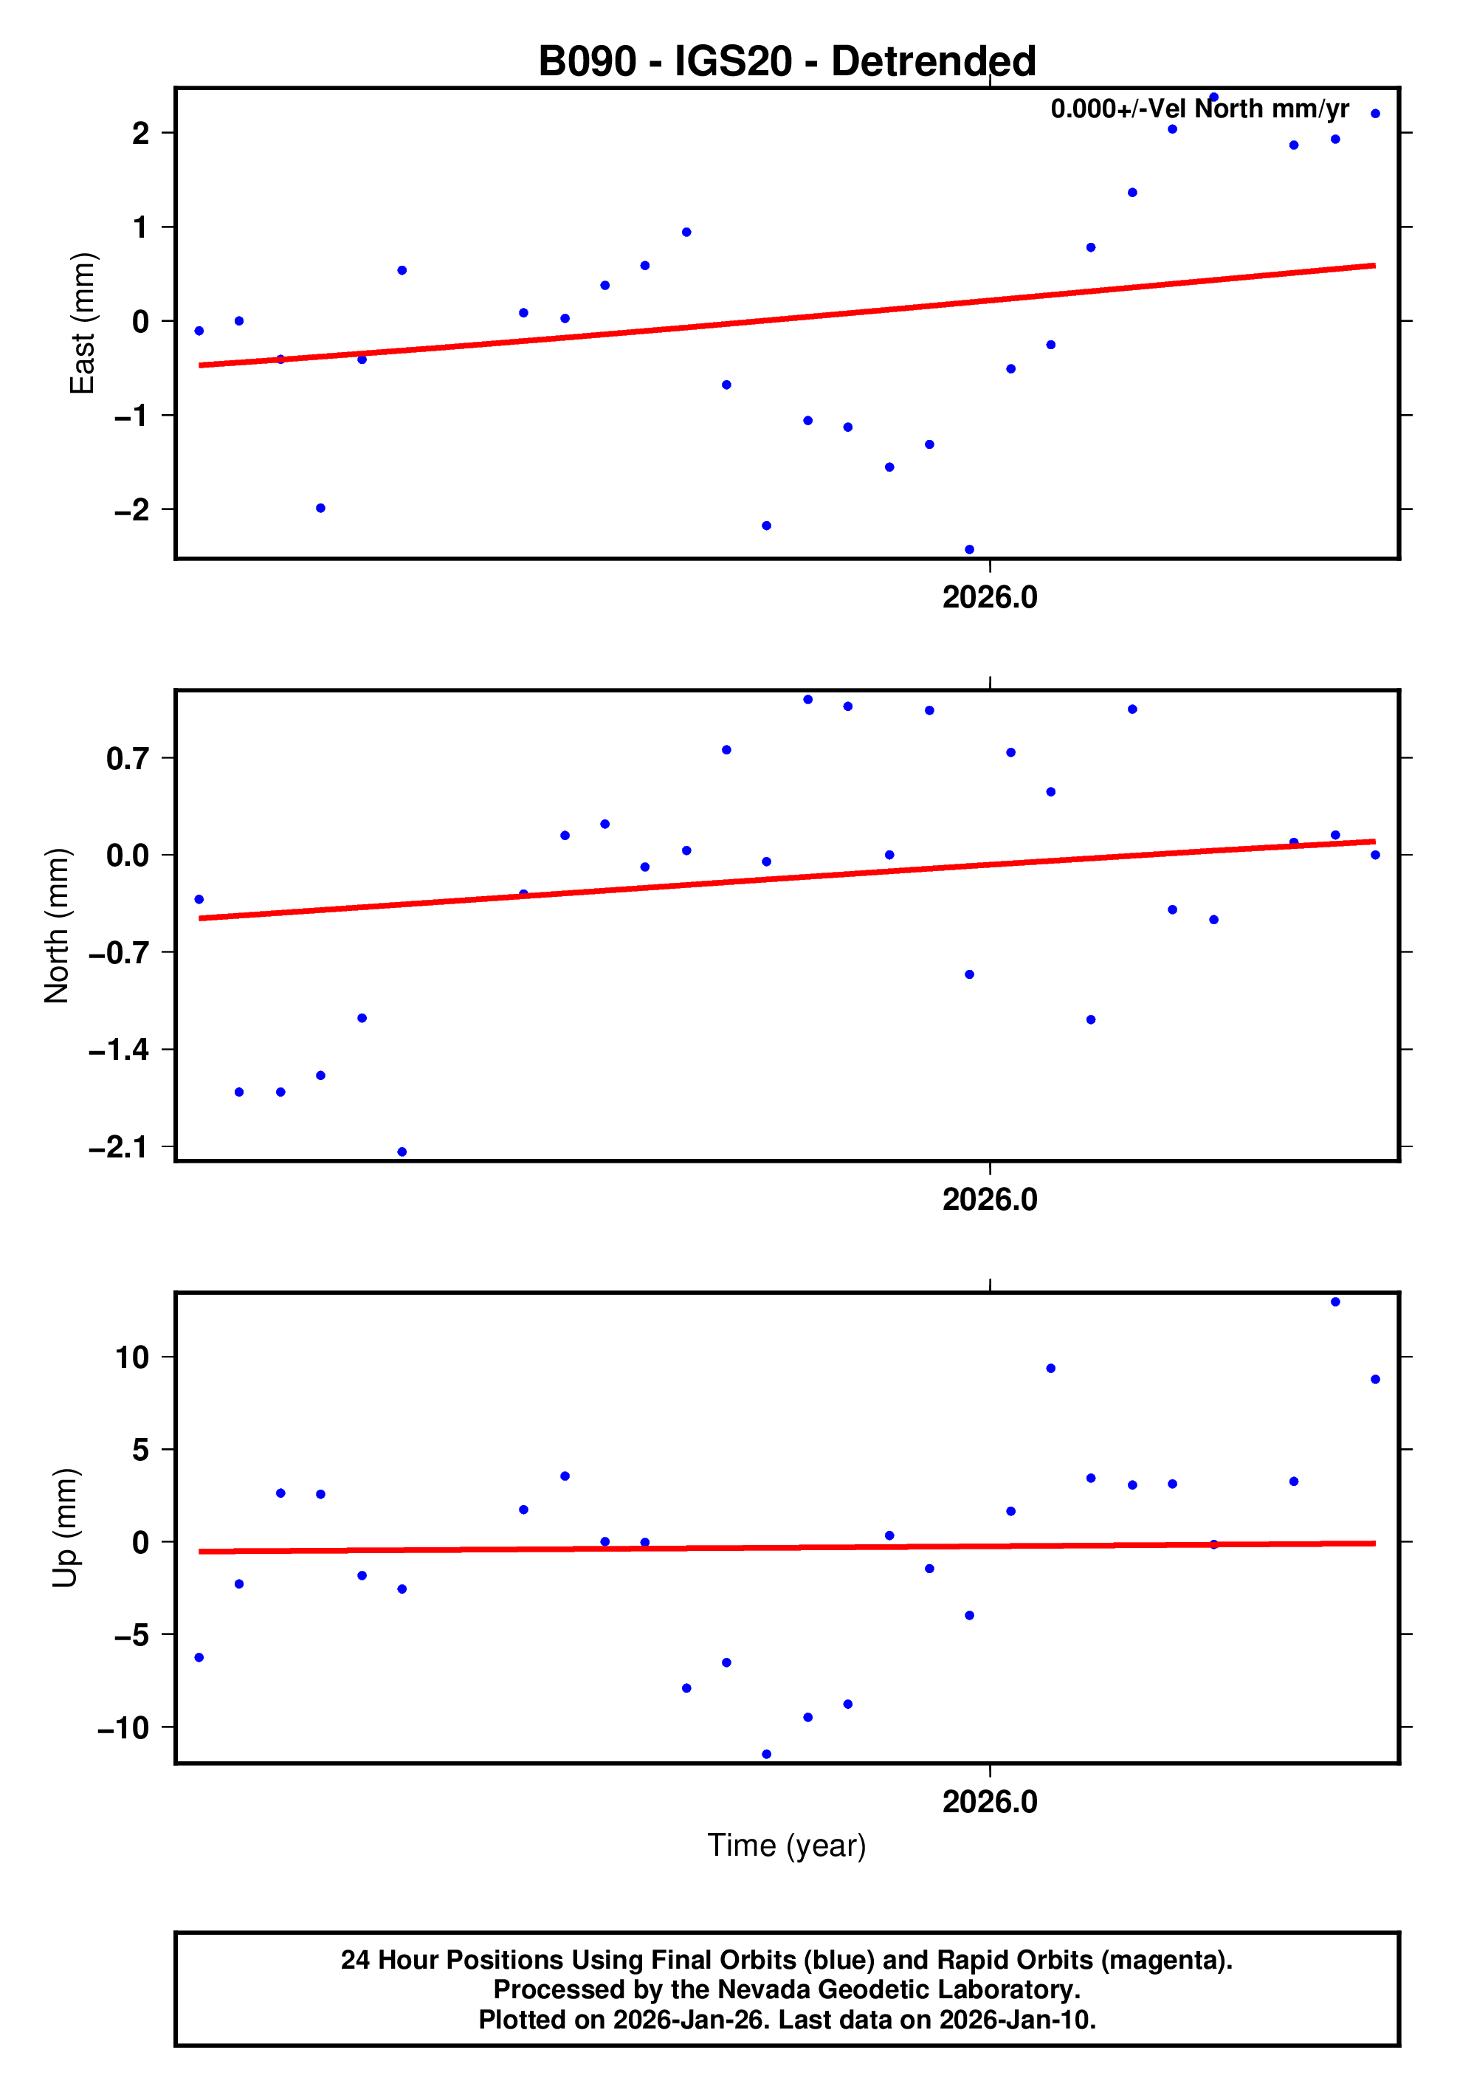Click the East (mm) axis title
pyautogui.click(x=83, y=323)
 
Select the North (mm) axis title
pyautogui.click(x=58, y=926)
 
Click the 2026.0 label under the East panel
pyautogui.click(x=990, y=598)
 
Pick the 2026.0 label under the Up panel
pyautogui.click(x=990, y=1801)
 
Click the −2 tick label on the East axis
pyautogui.click(x=131, y=509)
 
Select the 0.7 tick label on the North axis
pyautogui.click(x=127, y=758)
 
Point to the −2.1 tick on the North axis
pyautogui.click(x=118, y=1146)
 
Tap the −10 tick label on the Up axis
pyautogui.click(x=123, y=1727)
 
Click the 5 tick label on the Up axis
pyautogui.click(x=140, y=1450)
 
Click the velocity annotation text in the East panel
pyautogui.click(x=1199, y=109)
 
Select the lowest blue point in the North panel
pyautogui.click(x=402, y=1152)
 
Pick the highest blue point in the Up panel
pyautogui.click(x=1335, y=1302)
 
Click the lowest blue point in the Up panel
pyautogui.click(x=766, y=1754)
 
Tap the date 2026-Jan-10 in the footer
pyautogui.click(x=1017, y=2020)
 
